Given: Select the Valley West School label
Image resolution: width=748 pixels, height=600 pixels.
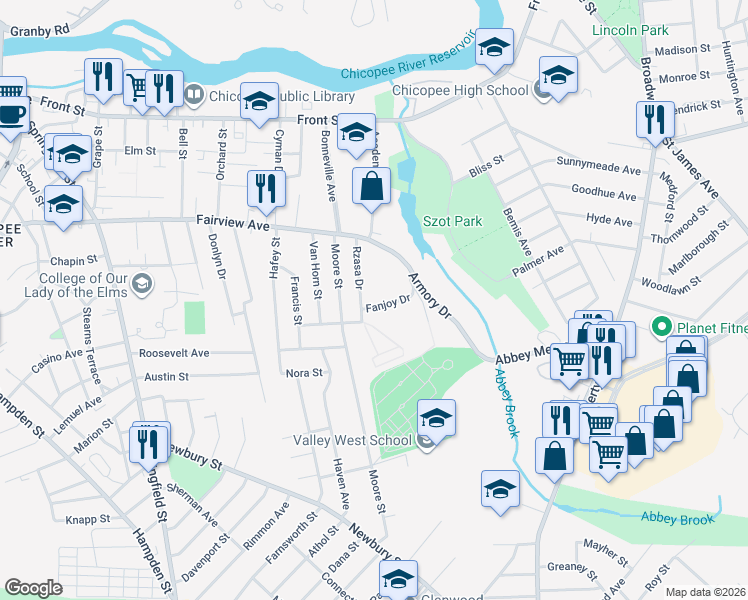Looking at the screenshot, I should (351, 440).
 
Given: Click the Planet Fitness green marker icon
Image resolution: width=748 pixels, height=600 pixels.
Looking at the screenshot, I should (660, 327).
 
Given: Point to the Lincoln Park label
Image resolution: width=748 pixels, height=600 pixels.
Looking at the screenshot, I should (630, 30).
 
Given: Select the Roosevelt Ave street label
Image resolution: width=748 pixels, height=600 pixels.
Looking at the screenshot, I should (174, 353).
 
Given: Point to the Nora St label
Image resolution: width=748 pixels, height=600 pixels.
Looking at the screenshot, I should (304, 373).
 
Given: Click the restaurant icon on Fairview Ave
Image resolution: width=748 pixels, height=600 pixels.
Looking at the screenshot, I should (265, 188).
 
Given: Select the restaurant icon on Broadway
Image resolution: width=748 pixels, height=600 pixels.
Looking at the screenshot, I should (651, 120).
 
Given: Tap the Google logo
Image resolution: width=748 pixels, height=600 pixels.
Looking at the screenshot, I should (33, 588).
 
